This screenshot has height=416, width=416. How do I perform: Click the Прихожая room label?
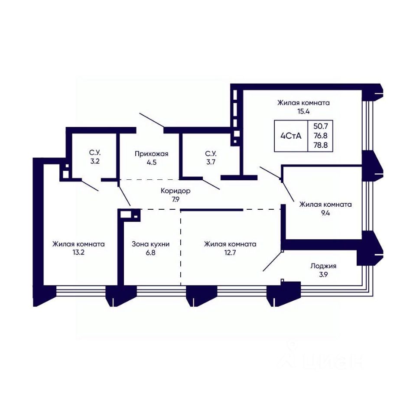(152, 153)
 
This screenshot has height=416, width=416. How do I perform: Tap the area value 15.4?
(303, 111)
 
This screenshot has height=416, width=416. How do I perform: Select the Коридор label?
(175, 191)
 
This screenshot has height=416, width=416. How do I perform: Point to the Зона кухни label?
(150, 244)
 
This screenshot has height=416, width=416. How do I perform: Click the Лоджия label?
(323, 266)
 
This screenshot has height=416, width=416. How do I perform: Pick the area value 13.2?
(78, 252)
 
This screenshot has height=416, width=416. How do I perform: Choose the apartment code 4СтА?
(291, 136)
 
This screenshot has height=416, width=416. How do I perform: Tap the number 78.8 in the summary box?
(321, 145)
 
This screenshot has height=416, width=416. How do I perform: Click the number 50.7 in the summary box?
(321, 126)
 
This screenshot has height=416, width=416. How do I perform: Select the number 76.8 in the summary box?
(321, 136)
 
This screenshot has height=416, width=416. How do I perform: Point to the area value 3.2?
(95, 161)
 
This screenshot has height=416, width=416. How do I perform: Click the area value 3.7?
(211, 162)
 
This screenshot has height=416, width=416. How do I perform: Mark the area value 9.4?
(325, 213)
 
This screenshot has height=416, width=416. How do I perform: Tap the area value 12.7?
(230, 252)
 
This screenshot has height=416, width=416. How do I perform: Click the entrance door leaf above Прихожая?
(152, 120)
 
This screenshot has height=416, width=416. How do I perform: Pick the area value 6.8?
(150, 252)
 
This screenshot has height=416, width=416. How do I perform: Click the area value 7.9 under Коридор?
(175, 199)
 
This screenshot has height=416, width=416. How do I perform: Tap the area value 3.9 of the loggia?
(323, 275)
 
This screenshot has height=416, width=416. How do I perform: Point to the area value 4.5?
(152, 162)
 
